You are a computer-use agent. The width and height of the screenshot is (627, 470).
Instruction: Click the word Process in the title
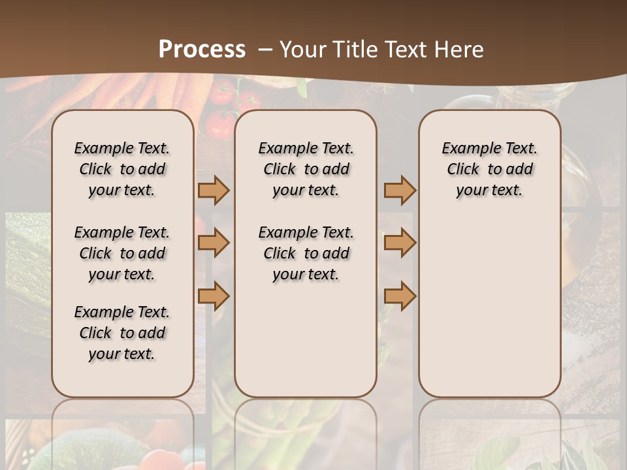click(x=202, y=49)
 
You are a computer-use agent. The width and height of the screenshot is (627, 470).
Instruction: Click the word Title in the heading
click(x=351, y=50)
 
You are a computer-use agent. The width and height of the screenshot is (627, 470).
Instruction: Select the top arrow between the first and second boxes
click(x=214, y=191)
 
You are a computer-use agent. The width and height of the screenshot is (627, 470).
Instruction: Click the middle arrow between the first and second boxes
click(x=214, y=243)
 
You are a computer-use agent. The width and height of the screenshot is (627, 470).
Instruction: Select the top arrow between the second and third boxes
click(x=400, y=191)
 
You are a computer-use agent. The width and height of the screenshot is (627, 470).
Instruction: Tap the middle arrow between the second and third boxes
click(x=400, y=243)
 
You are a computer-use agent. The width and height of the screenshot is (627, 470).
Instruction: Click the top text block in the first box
click(x=122, y=169)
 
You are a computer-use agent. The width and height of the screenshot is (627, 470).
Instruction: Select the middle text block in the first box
click(x=122, y=253)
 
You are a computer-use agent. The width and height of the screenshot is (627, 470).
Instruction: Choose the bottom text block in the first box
click(x=122, y=333)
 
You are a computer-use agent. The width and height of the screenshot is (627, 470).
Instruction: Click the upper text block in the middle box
click(x=306, y=169)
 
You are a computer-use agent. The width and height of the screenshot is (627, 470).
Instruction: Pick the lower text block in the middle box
click(x=306, y=253)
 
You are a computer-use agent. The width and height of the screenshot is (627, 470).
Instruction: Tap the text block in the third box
click(x=490, y=169)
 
